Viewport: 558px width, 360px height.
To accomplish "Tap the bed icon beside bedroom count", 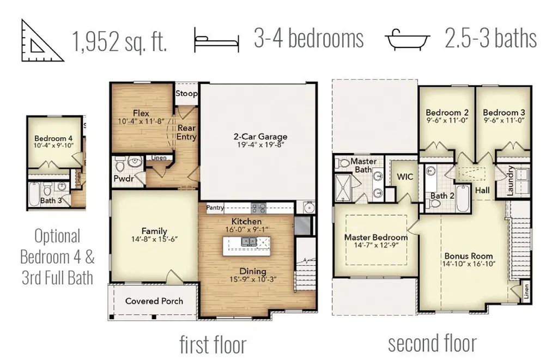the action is pos(216,40).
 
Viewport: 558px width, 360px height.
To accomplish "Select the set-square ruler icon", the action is pos(42,40).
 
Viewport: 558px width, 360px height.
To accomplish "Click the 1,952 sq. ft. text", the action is pos(119,41).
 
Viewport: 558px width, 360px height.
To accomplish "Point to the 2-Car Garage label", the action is pos(260,137).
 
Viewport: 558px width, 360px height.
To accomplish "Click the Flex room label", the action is pos(141,113).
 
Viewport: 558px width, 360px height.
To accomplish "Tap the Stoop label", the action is pos(186,94).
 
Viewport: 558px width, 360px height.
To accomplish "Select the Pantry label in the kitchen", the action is pos(215,208).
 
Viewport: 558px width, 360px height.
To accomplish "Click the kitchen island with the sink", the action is pos(246,246).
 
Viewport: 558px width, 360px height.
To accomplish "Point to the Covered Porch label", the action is pos(154,301).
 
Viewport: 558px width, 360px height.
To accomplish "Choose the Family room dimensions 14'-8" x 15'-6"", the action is pos(154,240).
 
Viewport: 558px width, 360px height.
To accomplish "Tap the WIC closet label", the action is pos(405,177).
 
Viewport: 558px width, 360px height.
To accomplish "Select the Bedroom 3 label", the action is pos(504,112).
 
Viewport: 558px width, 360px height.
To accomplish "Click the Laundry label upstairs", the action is pos(510,180).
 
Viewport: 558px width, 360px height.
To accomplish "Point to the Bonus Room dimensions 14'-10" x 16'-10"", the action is pos(469,264).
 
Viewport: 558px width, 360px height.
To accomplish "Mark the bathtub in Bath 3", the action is pos(34,194).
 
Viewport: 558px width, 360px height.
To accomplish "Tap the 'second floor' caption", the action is pos(432,343).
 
